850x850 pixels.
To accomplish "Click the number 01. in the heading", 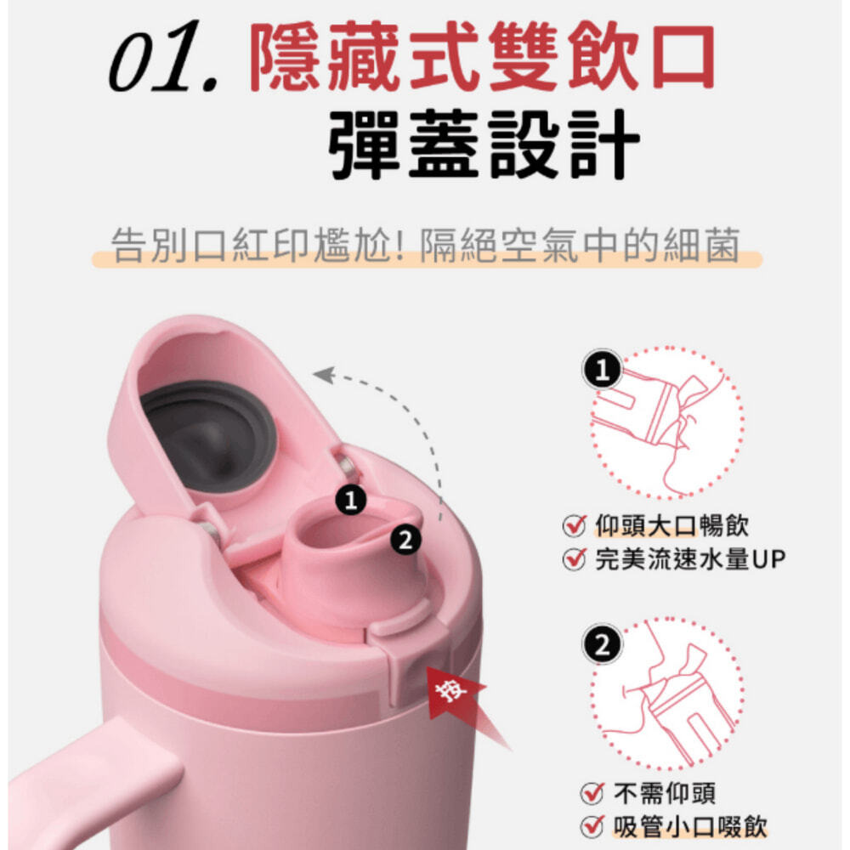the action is [x=164, y=56].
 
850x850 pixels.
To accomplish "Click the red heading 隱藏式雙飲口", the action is [x=482, y=58].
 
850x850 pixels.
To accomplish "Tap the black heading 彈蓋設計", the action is [x=484, y=144].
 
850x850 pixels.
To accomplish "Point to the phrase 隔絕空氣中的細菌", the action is [x=580, y=246].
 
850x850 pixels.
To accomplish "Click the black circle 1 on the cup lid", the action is [x=351, y=499].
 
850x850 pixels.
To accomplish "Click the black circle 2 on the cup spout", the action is [x=405, y=541].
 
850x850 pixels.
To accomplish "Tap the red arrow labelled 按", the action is [x=461, y=700].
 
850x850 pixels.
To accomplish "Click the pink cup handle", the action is [x=92, y=797].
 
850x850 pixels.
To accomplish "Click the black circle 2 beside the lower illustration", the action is [x=602, y=645].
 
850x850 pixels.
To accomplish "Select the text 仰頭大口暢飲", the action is [x=671, y=526].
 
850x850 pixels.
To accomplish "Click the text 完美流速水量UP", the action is [x=690, y=559].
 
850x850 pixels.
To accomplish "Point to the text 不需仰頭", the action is [x=665, y=794].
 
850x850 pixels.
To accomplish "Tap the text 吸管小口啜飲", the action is [x=690, y=827].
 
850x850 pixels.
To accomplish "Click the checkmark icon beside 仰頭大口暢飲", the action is [x=574, y=526].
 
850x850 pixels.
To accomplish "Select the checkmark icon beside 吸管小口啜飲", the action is [x=592, y=827].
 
